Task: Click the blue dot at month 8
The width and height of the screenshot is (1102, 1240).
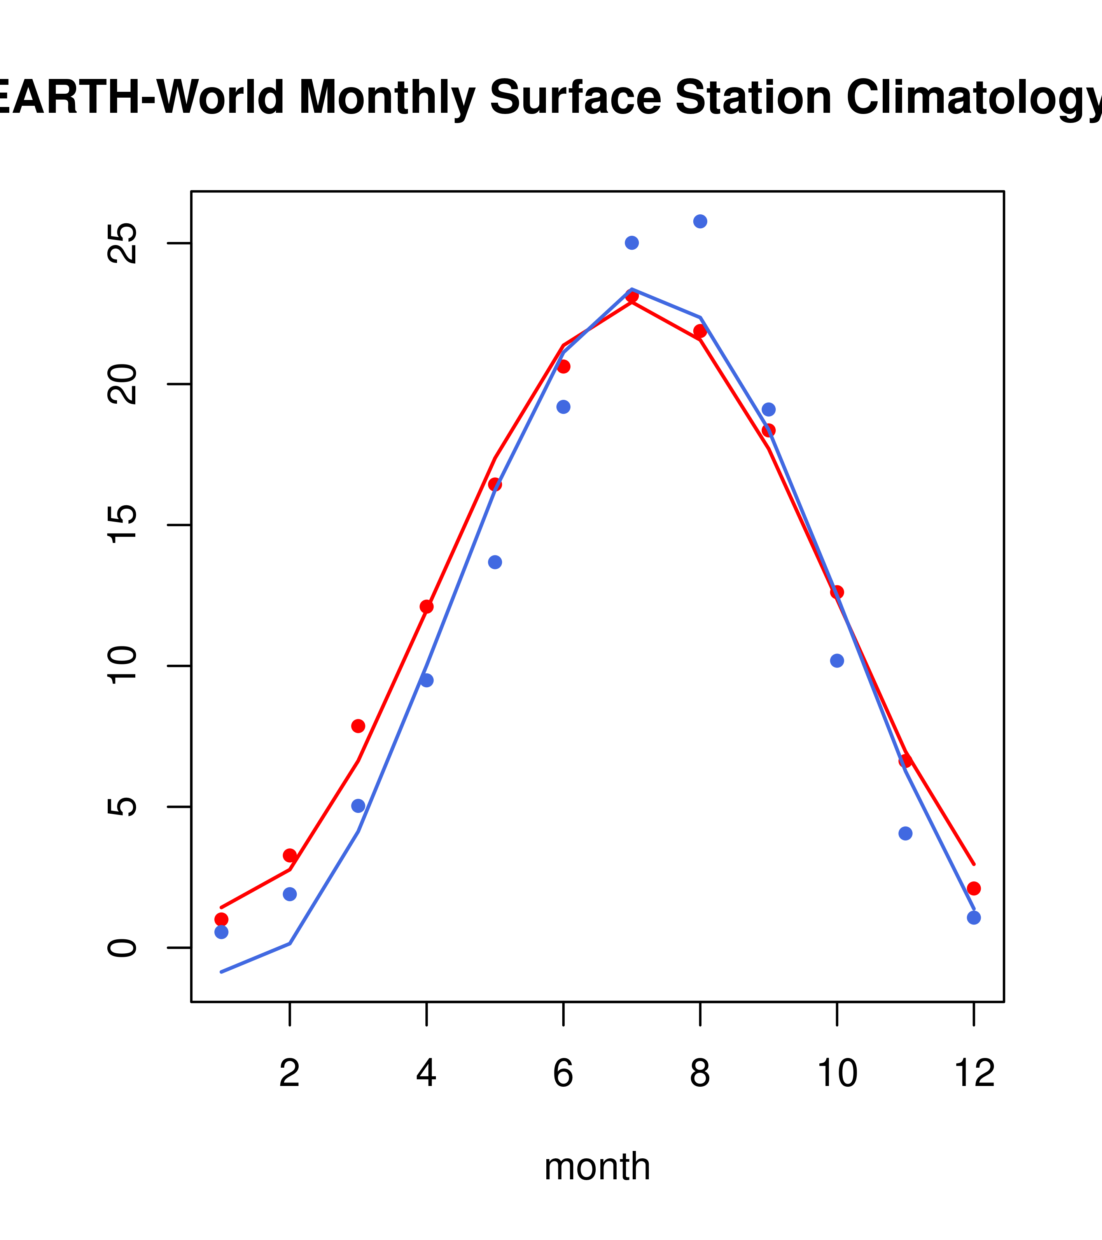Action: (700, 221)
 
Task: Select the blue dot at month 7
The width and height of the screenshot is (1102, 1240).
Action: (631, 243)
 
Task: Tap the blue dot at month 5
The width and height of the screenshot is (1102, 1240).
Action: (495, 562)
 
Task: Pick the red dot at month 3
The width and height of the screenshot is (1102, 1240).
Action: (358, 726)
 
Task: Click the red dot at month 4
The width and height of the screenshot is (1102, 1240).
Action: (426, 607)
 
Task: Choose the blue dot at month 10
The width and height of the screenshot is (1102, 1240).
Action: (837, 660)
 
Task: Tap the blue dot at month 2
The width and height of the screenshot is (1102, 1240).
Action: (290, 894)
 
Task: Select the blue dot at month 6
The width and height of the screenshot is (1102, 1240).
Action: (563, 406)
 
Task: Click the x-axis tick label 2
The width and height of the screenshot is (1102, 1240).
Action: (290, 1074)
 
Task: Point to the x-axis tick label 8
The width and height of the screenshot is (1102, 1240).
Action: (700, 1074)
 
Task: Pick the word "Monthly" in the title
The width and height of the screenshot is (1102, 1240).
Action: (387, 99)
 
